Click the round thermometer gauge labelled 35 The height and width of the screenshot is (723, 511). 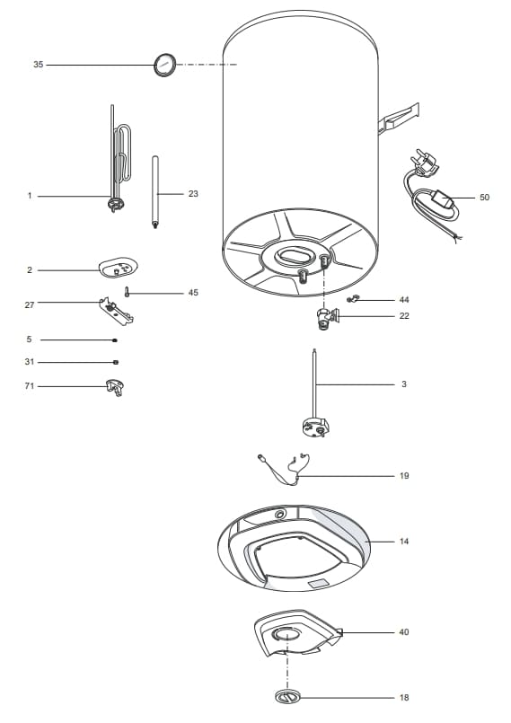point(163,66)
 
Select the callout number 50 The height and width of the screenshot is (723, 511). point(484,197)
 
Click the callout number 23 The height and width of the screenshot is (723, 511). point(193,193)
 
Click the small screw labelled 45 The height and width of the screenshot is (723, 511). point(128,292)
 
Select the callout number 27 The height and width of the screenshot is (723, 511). point(30,305)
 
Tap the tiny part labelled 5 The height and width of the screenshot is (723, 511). point(115,340)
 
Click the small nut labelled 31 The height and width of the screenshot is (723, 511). point(116,362)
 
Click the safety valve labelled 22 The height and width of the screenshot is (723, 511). point(327,317)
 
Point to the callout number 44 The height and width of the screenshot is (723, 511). point(404,299)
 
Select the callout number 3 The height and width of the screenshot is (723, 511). point(404,384)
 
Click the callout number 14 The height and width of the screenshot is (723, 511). point(404,542)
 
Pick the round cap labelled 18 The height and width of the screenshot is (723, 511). point(286,697)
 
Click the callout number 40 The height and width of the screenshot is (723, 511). point(404,632)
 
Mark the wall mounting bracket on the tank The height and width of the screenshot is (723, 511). point(399,119)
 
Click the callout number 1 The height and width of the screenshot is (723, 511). point(30,196)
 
